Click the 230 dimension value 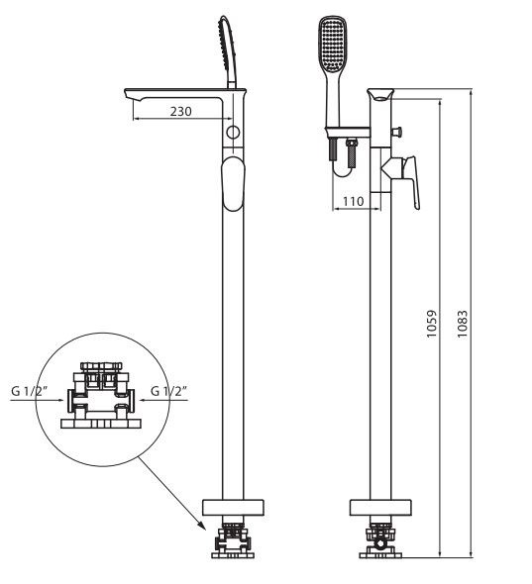click(x=179, y=112)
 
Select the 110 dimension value click(x=351, y=201)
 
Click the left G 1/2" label click(x=31, y=392)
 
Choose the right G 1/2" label click(x=167, y=392)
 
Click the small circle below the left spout click(x=233, y=132)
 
